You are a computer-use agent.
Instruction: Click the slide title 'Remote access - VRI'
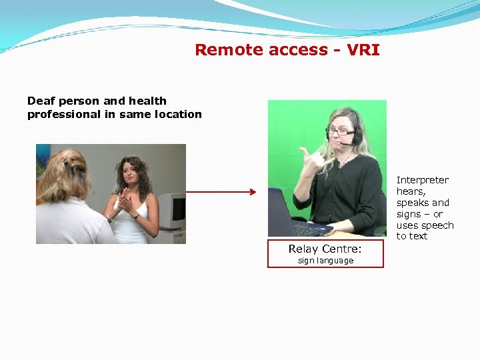[x=287, y=50]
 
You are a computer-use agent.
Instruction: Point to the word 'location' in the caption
[x=178, y=114]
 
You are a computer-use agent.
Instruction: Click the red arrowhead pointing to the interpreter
[x=252, y=193]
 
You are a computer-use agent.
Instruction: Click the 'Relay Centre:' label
[x=325, y=249]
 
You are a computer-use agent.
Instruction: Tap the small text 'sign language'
[x=325, y=261]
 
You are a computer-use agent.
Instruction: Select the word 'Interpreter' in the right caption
[x=422, y=180]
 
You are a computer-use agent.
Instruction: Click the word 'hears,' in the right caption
[x=411, y=191]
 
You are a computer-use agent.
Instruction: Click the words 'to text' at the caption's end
[x=412, y=236]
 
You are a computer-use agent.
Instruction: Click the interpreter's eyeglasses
[x=340, y=132]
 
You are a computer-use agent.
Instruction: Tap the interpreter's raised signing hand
[x=309, y=160]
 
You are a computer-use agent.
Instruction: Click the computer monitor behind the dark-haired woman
[x=171, y=211]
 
